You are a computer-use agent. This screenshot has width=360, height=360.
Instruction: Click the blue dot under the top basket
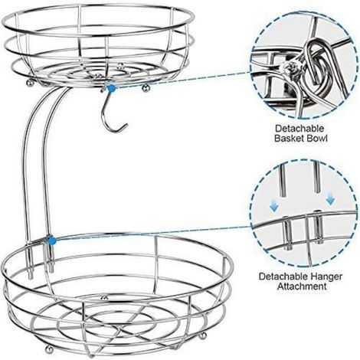coord(112,88)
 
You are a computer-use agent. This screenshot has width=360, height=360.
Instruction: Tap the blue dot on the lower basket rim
coord(52,241)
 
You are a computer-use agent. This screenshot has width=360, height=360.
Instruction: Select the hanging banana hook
coord(113,113)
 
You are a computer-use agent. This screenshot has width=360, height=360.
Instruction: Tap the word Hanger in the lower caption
coord(326,277)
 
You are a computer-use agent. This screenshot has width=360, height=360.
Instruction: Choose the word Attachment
coord(302,286)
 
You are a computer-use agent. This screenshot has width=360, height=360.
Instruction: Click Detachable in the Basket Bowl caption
coord(299,129)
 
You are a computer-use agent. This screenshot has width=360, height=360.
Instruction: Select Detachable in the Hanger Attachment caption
coord(283,277)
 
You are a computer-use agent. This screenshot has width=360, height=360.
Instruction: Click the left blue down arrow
coord(274,207)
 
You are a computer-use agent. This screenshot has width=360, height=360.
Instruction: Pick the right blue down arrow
coord(331,200)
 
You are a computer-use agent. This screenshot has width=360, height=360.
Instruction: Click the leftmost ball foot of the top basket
coord(30,83)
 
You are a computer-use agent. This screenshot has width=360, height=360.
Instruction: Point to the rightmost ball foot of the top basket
coord(146,88)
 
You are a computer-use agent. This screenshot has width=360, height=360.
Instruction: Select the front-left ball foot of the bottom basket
coord(48,349)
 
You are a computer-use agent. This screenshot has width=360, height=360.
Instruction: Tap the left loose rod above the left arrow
coord(283,180)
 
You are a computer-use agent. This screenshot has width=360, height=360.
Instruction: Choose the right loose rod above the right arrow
coord(316,177)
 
